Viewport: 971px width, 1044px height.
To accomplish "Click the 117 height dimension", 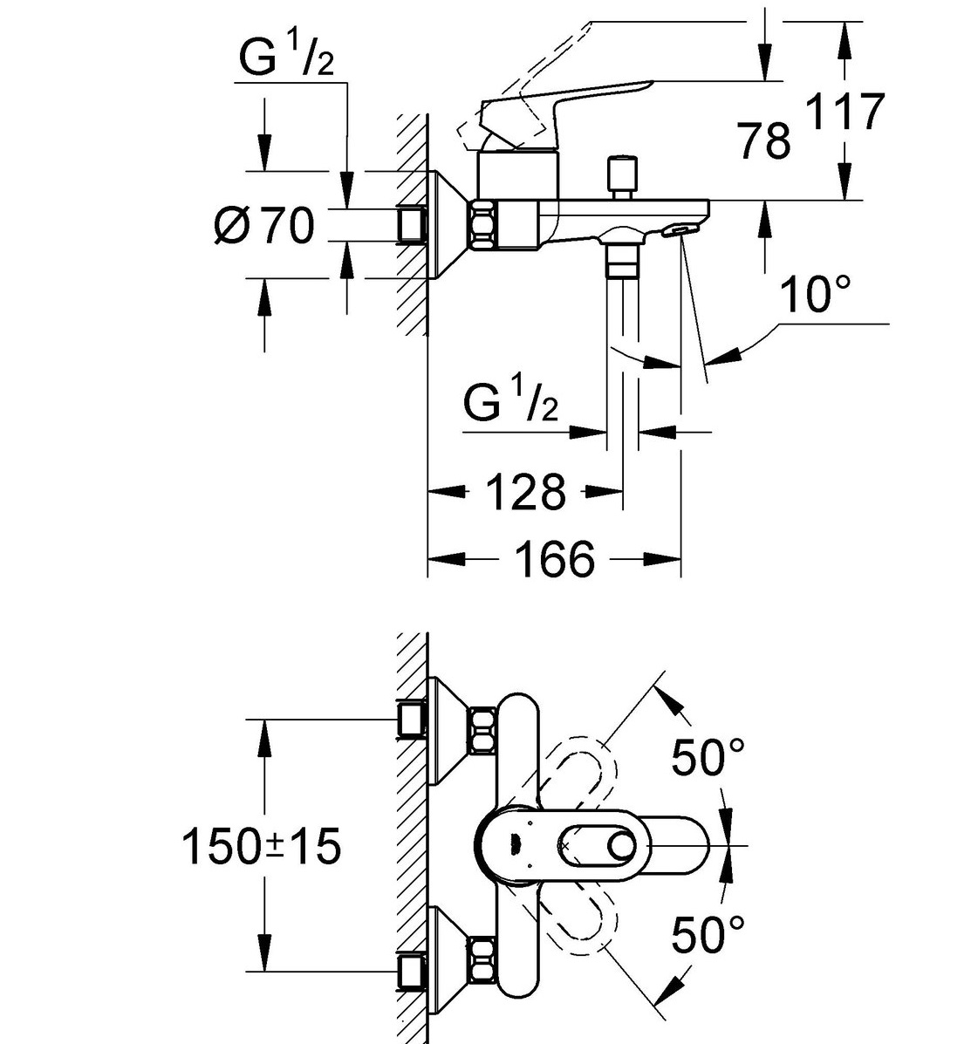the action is click(x=845, y=111).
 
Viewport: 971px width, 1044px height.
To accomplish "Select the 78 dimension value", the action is click(x=764, y=141).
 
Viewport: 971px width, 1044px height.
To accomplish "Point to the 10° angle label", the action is click(x=815, y=294).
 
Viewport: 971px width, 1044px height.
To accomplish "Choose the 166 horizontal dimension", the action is click(x=555, y=559).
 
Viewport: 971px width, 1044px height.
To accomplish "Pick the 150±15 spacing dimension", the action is click(x=261, y=846).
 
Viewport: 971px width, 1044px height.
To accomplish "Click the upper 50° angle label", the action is click(x=708, y=757).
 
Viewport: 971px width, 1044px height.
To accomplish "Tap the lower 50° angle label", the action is click(x=708, y=934).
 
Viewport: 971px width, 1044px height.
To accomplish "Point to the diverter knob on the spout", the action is click(x=623, y=177).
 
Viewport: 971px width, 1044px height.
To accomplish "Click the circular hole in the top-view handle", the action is click(x=624, y=846).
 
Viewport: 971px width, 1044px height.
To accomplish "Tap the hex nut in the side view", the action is click(x=485, y=224).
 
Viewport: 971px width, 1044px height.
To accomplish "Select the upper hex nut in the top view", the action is click(x=482, y=732).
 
